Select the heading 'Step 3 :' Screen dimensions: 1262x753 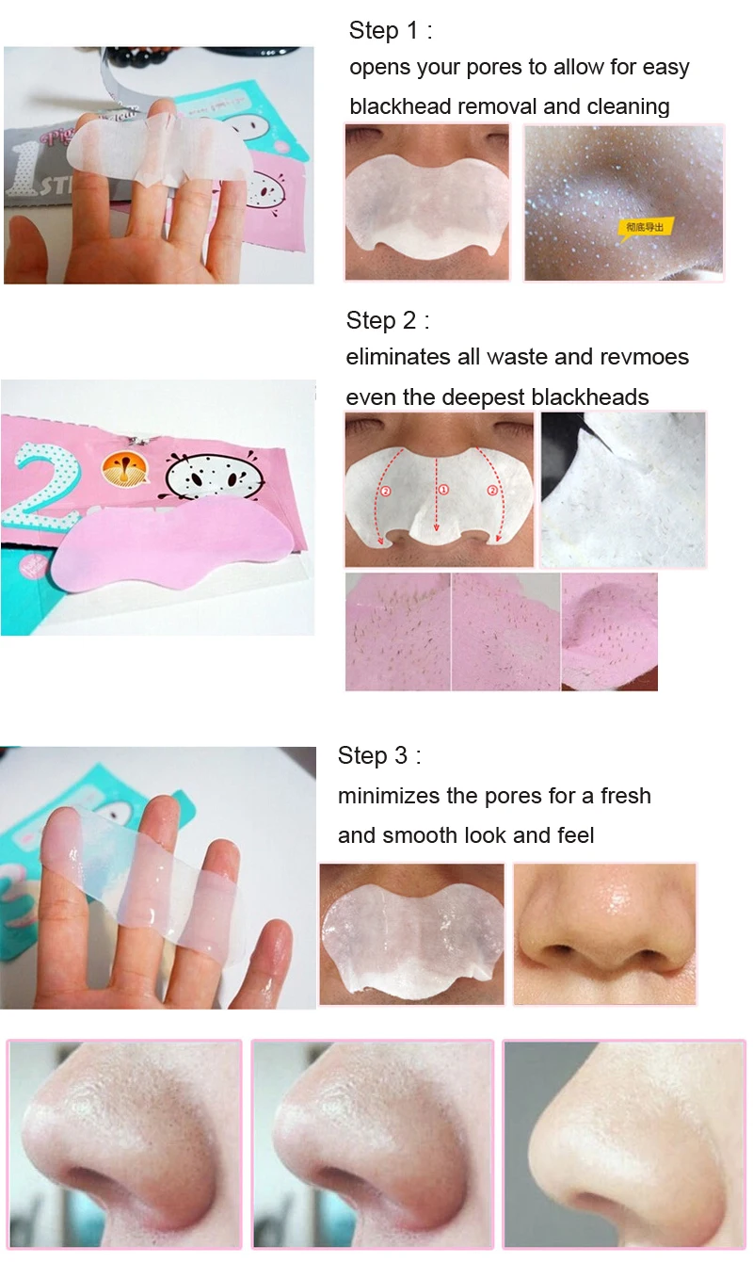coord(379,755)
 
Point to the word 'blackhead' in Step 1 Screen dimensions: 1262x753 coord(395,106)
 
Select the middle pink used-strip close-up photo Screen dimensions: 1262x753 coord(506,632)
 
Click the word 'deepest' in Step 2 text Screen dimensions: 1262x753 coord(488,397)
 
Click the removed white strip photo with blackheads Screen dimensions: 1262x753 coord(622,490)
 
